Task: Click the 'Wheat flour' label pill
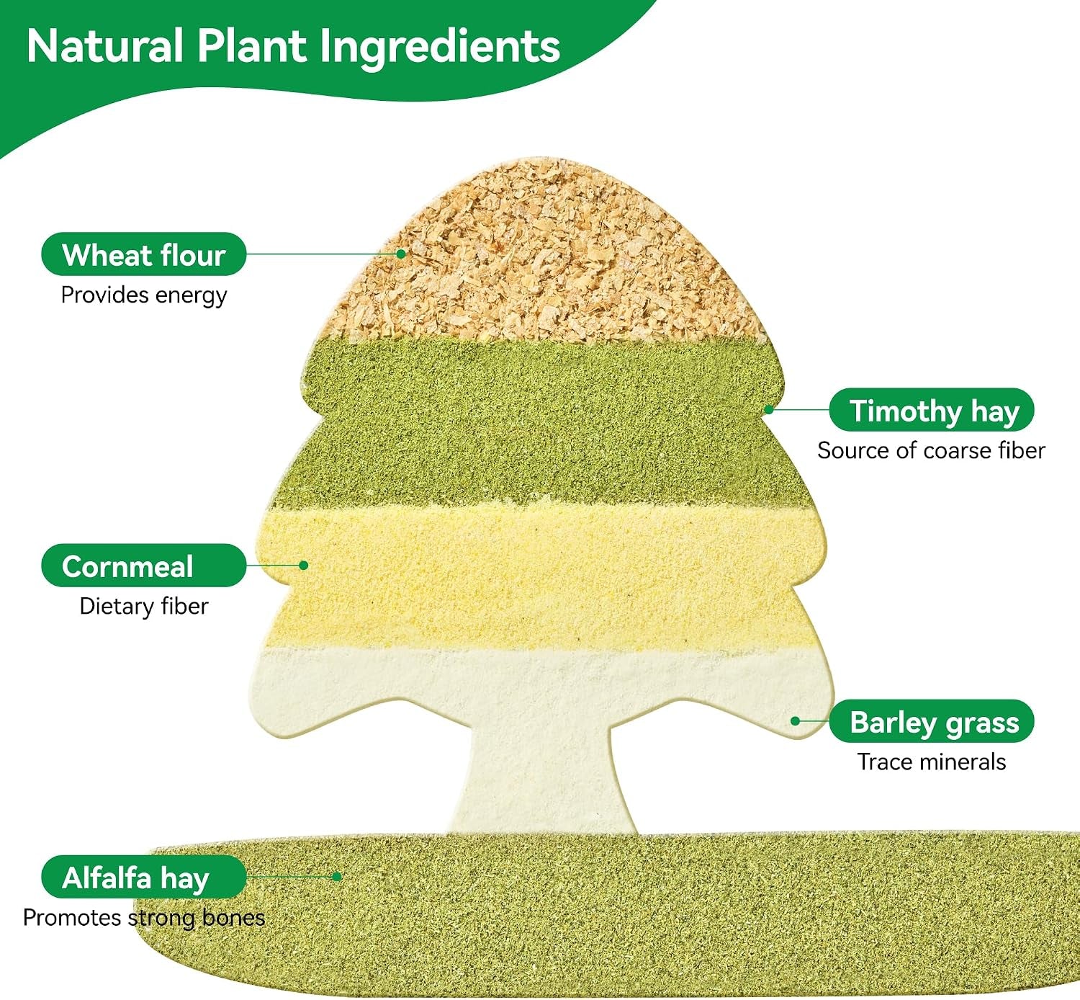click(143, 254)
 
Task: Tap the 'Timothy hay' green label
click(932, 409)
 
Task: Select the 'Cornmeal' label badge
click(143, 565)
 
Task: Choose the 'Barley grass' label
click(932, 720)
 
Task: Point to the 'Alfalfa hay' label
click(143, 876)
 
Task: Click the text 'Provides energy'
click(143, 295)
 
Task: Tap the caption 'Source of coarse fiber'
click(931, 450)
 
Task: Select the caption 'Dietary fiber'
click(143, 607)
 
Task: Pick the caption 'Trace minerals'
click(932, 762)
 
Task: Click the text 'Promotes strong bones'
click(143, 918)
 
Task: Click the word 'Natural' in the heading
click(105, 45)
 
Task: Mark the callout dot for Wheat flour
click(401, 254)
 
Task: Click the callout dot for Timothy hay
click(769, 409)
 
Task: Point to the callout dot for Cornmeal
click(304, 565)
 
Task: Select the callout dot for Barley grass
click(795, 720)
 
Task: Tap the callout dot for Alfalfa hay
click(337, 876)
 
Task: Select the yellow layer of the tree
click(539, 577)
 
